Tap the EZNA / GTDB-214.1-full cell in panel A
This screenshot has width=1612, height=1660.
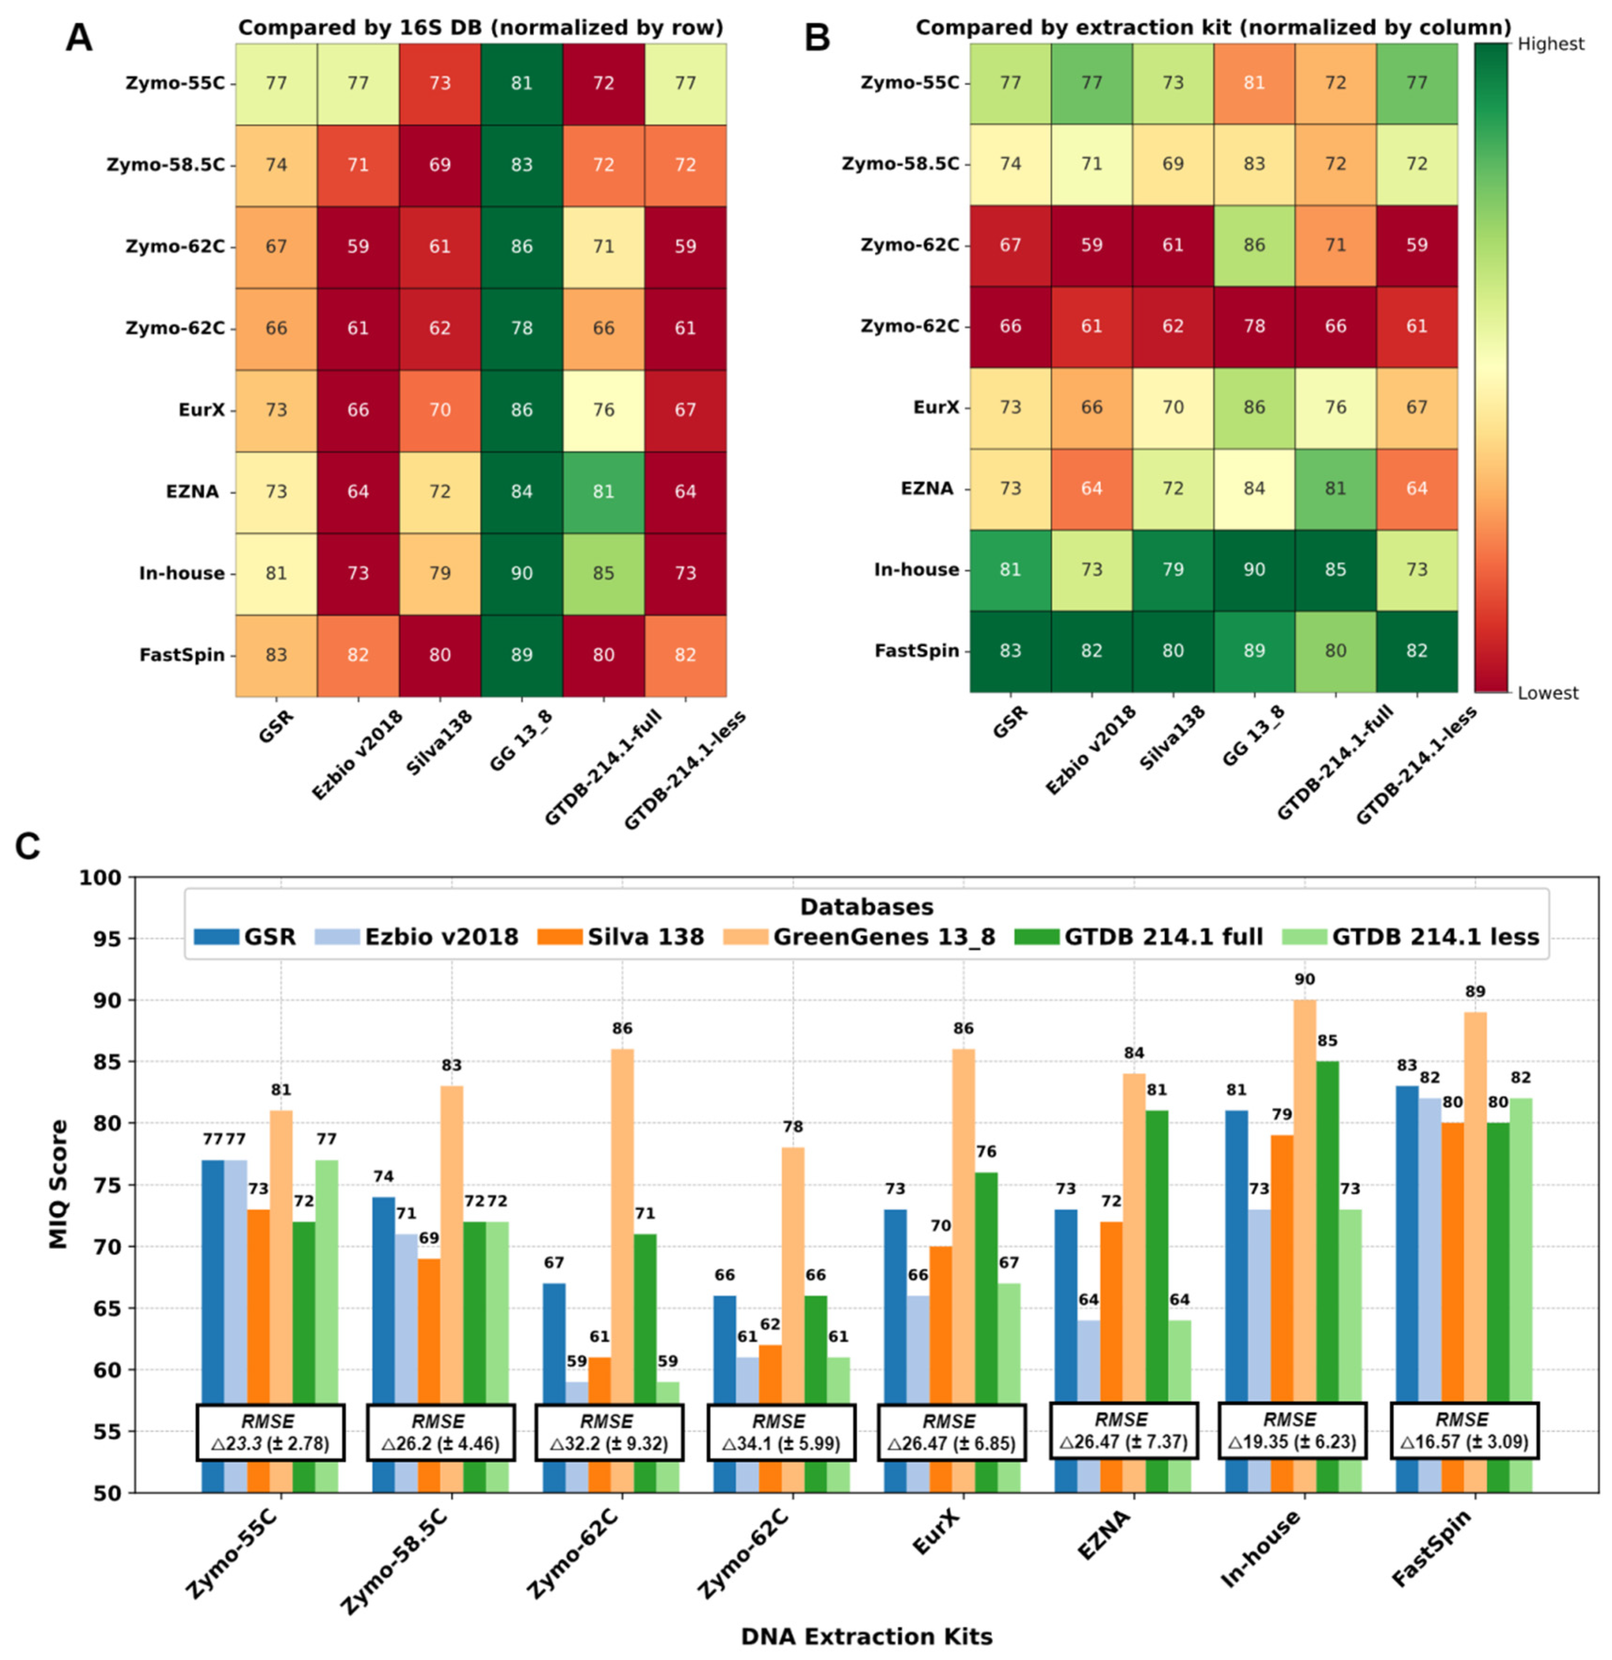[603, 491]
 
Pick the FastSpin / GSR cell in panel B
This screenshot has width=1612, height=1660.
[1010, 651]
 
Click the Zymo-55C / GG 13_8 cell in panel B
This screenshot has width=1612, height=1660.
[1254, 82]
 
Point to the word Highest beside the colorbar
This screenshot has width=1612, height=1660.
[1550, 44]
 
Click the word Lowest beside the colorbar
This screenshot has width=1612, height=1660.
[1548, 693]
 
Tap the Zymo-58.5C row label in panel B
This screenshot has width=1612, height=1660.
[900, 163]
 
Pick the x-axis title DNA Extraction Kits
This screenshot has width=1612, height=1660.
[866, 1636]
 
